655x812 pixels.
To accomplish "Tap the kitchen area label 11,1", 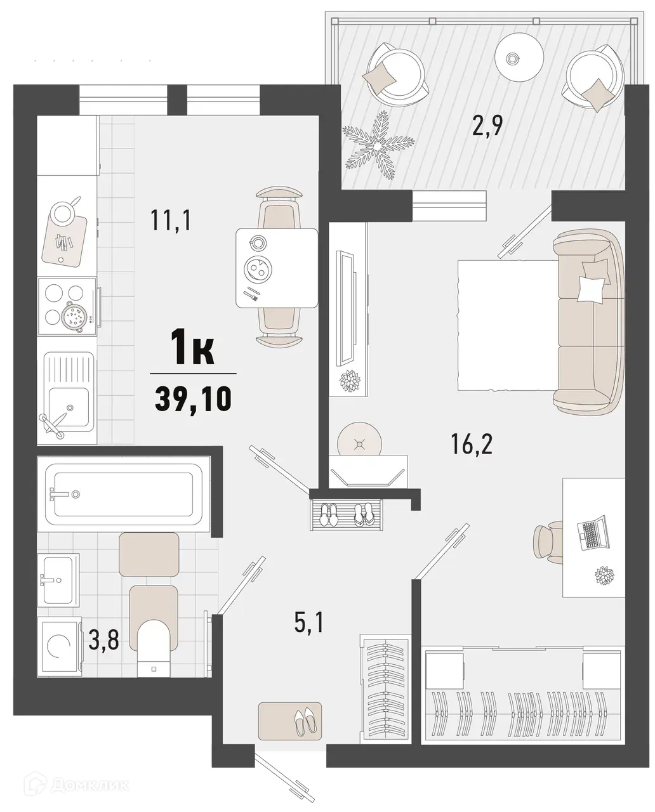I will click(x=171, y=221).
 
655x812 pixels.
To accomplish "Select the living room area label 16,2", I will click(x=472, y=445).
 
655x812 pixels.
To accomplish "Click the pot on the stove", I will click(x=75, y=315).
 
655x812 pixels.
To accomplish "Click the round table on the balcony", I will click(x=519, y=57).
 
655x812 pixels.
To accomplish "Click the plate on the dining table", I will click(x=258, y=271).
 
